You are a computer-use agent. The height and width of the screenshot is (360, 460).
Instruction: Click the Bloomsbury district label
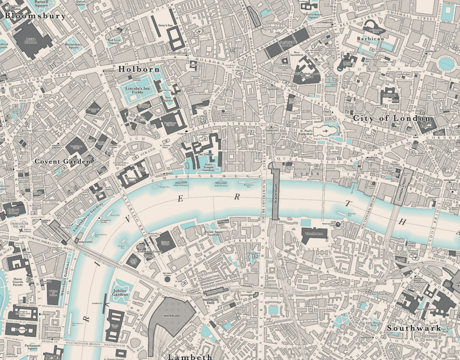[x=35, y=16]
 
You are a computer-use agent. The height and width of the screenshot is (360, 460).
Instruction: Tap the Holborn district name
[x=139, y=70]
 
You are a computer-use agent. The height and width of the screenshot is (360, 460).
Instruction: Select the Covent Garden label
[x=62, y=161]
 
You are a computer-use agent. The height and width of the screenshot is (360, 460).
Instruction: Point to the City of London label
[x=392, y=118]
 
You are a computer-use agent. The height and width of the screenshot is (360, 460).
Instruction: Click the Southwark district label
[x=414, y=328]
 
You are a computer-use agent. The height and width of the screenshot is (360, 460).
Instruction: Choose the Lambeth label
[x=189, y=356]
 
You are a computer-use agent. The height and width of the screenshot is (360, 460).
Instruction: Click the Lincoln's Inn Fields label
[x=137, y=91]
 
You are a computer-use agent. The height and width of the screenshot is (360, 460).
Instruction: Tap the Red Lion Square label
[x=114, y=41]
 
